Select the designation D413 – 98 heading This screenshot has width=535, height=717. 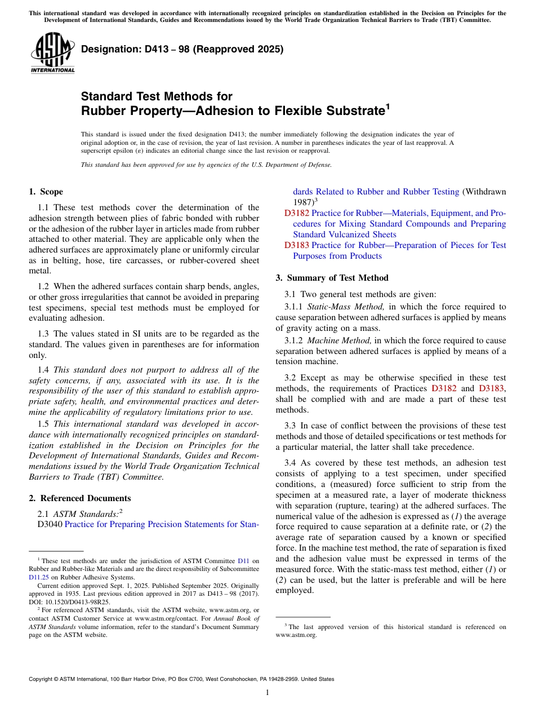click(182, 49)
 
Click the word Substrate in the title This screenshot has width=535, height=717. click(345, 111)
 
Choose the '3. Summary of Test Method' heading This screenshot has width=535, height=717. click(332, 278)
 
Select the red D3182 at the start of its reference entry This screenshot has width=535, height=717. click(296, 214)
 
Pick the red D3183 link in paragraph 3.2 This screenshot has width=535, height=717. click(492, 388)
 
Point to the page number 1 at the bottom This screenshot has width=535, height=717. click(267, 692)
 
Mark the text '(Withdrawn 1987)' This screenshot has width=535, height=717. click(484, 192)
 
